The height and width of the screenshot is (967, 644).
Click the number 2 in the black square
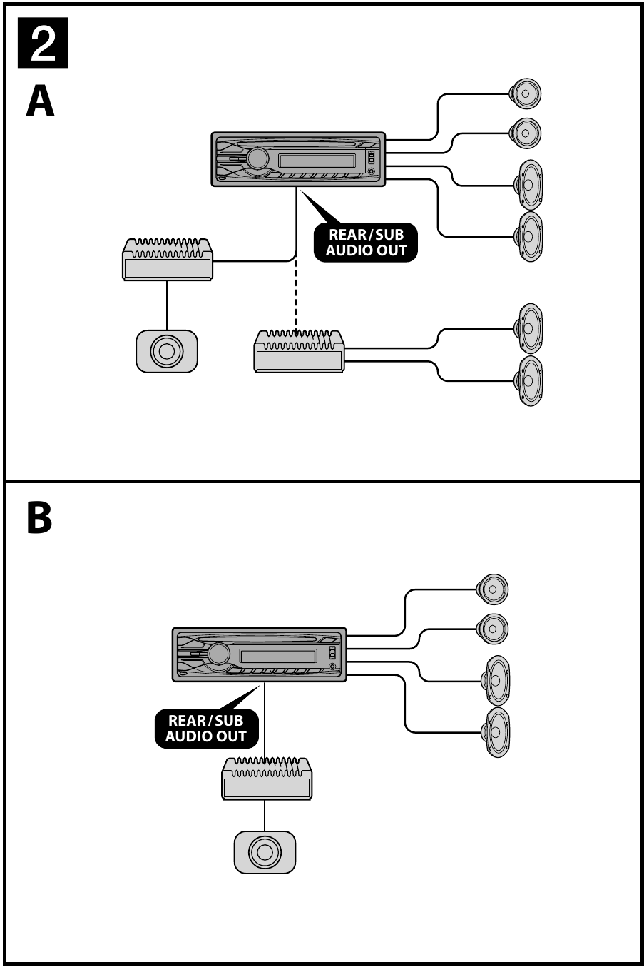coord(44,44)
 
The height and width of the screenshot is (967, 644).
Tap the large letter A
coord(41,102)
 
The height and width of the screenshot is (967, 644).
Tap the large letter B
coord(40,518)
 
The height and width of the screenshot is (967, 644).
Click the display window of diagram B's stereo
coord(278,657)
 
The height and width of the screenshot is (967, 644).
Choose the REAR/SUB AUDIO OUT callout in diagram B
coord(206,729)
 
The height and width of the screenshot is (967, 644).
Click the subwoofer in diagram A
coord(166,351)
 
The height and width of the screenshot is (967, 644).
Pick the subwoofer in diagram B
coord(265,852)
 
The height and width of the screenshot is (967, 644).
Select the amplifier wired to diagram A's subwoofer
coord(168,260)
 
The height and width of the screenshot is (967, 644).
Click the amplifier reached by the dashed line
coord(300,351)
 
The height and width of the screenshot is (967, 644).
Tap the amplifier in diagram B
coord(267,779)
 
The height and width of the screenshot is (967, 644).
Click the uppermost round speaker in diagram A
coord(524,93)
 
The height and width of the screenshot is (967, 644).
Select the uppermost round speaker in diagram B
coord(493,589)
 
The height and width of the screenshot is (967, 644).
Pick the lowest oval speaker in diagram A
coord(529,381)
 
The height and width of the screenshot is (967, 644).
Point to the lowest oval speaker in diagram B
coord(496,732)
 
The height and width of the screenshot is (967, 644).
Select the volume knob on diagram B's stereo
coord(218,654)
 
